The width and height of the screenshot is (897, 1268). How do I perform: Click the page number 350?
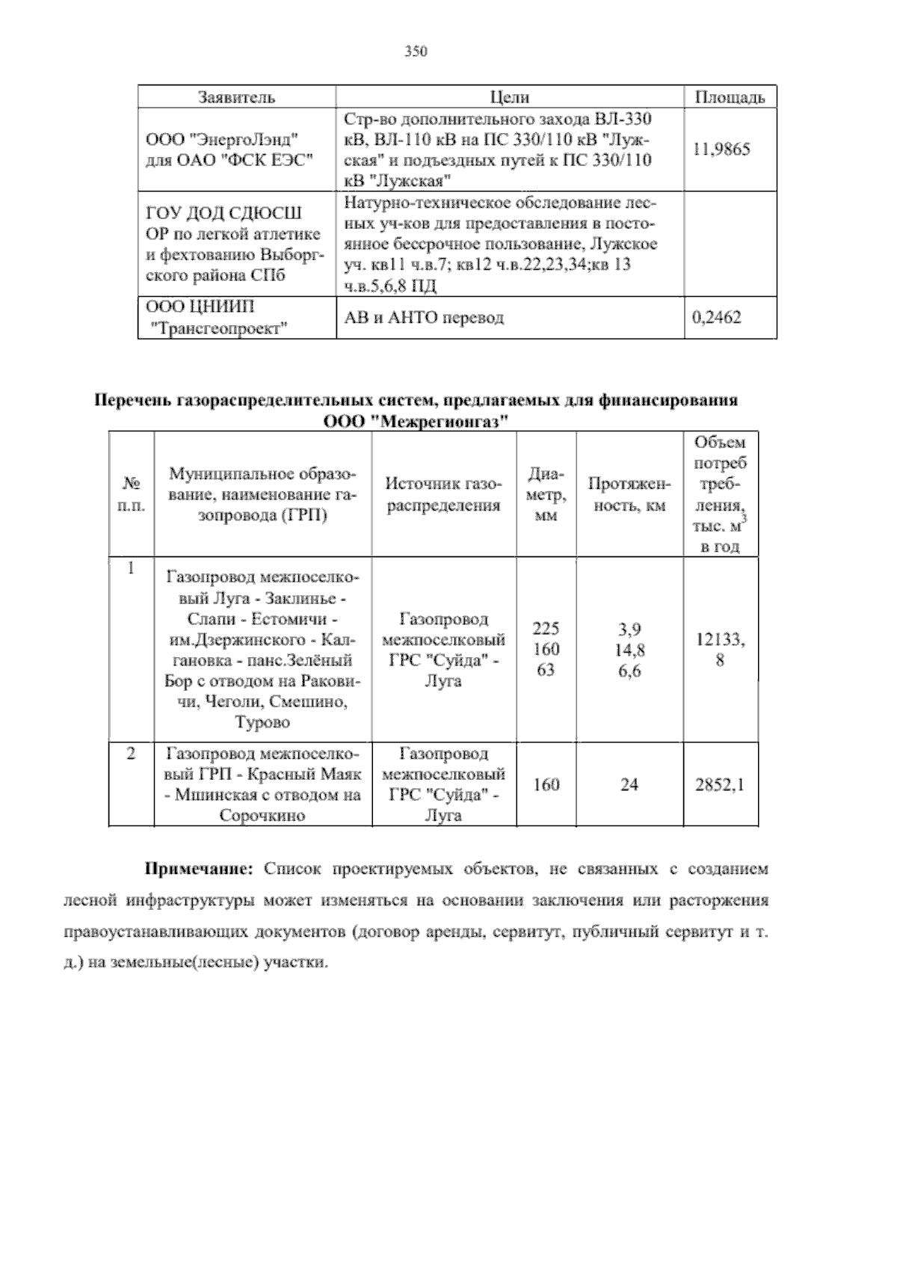click(416, 52)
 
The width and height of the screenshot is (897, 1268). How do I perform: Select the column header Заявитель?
click(236, 97)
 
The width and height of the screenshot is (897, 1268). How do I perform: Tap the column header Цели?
click(510, 97)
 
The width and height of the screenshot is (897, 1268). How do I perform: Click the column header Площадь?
click(730, 97)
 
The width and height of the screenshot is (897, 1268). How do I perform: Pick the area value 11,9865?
click(721, 149)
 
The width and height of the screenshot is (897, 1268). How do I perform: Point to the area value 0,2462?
click(717, 317)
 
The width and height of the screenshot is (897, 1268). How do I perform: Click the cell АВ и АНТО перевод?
click(424, 317)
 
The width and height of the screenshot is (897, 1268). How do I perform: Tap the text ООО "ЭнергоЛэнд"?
click(222, 139)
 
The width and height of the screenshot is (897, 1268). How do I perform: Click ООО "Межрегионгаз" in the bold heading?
click(416, 421)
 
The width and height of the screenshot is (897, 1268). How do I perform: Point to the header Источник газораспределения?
click(443, 494)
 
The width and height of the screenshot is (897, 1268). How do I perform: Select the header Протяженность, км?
click(629, 494)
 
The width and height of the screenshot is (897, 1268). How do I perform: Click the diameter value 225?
click(546, 628)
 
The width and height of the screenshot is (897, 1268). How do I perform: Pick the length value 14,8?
click(629, 650)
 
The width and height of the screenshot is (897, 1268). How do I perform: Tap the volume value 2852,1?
click(720, 784)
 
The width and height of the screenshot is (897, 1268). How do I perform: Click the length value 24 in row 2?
click(629, 784)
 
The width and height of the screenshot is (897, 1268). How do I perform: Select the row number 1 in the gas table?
click(131, 568)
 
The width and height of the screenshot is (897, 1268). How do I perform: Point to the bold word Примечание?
click(200, 869)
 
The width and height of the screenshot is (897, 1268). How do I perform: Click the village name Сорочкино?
click(262, 816)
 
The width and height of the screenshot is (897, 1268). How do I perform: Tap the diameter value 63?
click(546, 670)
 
